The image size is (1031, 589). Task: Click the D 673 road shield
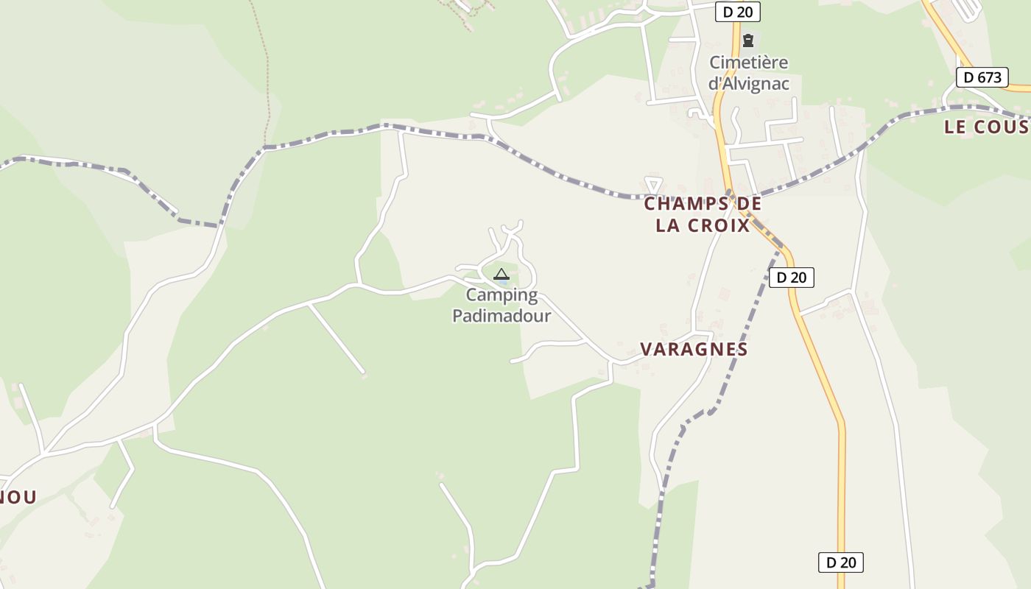coord(982,77)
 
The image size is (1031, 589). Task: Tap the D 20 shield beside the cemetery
coord(737,12)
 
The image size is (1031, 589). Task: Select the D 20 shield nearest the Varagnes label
coord(792,278)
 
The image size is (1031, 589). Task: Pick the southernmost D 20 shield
coord(840,562)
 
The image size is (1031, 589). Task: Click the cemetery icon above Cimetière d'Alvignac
coord(748,40)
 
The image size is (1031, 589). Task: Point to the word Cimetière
coord(748,63)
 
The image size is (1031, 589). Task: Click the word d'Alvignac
coord(748,83)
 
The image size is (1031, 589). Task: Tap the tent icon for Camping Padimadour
coord(502,275)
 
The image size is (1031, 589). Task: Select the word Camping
coord(502,296)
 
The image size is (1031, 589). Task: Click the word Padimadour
coord(502,316)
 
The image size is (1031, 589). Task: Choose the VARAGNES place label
coord(694,349)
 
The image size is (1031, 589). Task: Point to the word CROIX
coord(718,225)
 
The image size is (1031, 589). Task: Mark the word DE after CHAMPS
coord(745,204)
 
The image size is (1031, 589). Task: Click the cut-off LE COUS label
coord(985,127)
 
